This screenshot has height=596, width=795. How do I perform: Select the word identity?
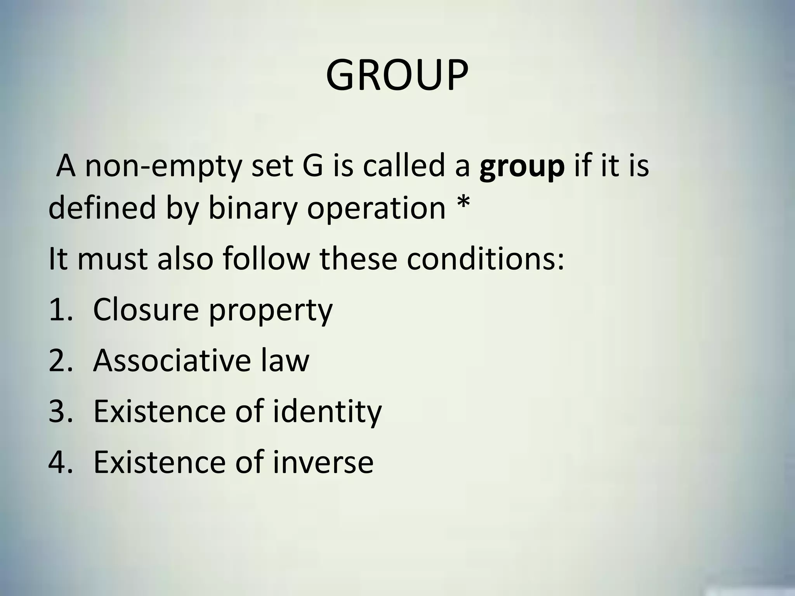tap(327, 412)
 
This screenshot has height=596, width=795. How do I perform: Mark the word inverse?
tap(323, 462)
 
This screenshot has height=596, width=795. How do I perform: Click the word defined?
tap(102, 208)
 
